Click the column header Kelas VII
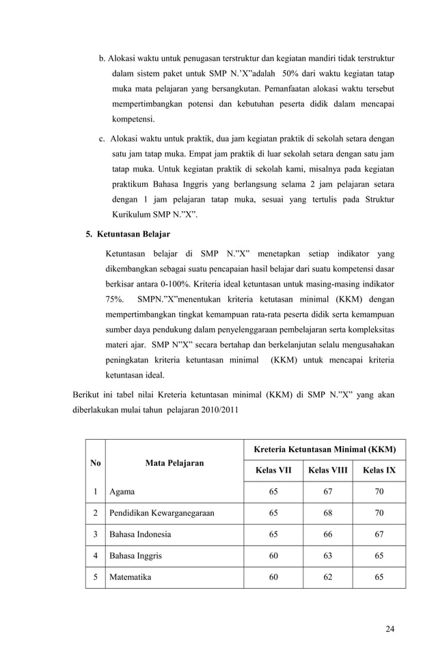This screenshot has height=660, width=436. pos(273,471)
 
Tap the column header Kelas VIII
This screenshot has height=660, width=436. pos(328,471)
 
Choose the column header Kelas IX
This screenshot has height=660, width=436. pos(379,471)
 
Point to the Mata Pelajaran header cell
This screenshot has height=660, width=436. pos(174,463)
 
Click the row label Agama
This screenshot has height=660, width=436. pos(122,492)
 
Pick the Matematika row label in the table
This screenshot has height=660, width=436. pos(131,577)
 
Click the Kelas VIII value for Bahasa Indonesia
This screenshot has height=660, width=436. pos(328,534)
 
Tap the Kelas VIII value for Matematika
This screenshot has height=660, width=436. pos(328,577)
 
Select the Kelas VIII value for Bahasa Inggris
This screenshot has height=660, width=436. pos(328,556)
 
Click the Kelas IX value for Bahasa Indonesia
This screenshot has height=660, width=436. pos(379,534)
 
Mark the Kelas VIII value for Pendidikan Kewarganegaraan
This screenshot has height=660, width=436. pos(328,513)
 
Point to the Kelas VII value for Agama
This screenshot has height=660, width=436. pos(273,492)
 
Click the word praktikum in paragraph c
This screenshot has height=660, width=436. pos(130,185)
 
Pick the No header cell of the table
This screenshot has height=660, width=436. pos(95,463)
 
